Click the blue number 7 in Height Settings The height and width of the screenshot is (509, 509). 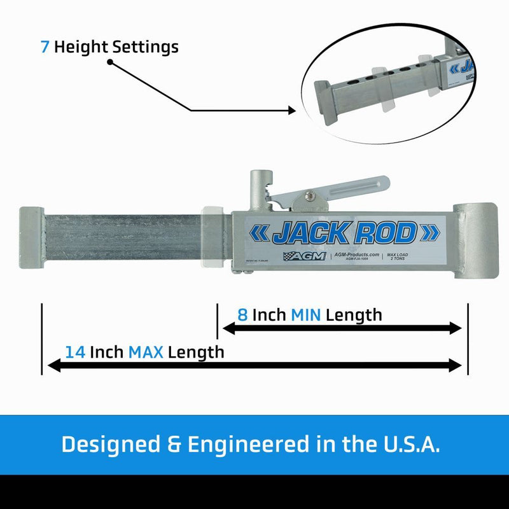coord(45,46)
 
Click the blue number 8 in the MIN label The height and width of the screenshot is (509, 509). coord(242,314)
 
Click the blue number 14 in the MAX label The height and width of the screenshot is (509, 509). coord(75,352)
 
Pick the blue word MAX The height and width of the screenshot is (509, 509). coord(146,352)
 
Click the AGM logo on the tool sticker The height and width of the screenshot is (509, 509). coord(305,256)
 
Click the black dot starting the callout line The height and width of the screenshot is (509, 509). coord(110,62)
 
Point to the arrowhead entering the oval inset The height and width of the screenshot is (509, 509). coord(292,110)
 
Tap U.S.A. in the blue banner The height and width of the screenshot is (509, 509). coord(409,444)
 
